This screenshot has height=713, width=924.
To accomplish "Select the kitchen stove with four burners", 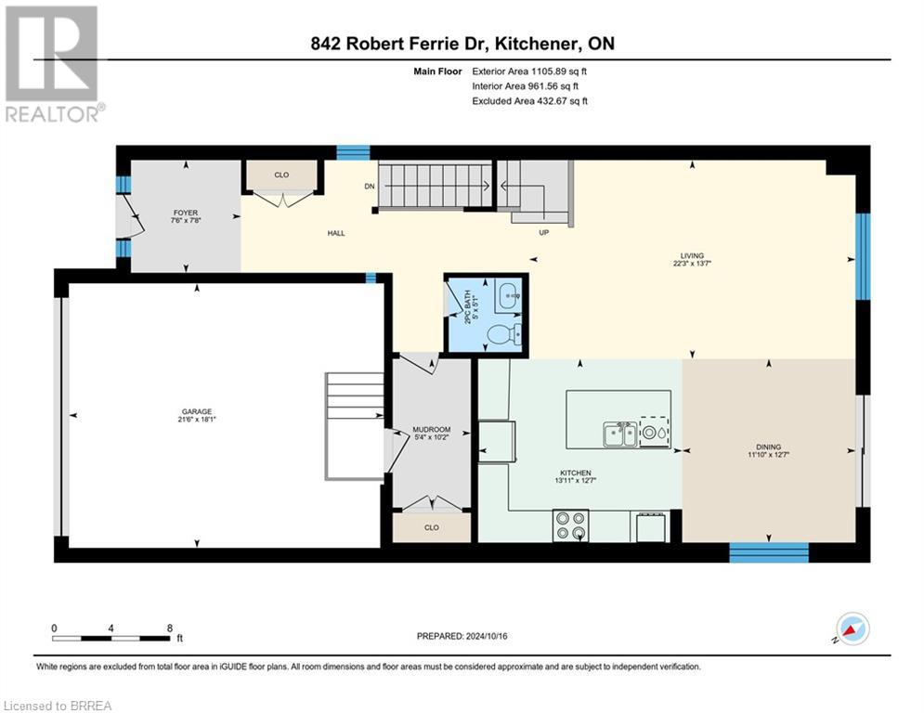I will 568,525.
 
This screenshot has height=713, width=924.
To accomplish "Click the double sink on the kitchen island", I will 620,434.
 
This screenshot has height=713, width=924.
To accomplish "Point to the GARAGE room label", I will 196,412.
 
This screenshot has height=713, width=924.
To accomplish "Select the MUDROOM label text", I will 431,430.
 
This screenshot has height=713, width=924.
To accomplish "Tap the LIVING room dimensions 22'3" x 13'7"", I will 691,264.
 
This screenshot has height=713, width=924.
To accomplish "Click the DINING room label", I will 770,447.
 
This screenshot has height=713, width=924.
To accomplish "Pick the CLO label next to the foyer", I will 281,174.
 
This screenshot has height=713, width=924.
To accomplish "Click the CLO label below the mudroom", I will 431,527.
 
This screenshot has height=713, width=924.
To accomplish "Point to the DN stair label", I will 369,186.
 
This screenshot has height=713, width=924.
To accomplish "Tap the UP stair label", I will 544,232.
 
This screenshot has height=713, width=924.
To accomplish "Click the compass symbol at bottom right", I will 852,629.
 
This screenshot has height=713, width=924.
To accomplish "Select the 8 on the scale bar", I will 168,628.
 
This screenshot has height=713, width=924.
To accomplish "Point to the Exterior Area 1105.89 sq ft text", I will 529,71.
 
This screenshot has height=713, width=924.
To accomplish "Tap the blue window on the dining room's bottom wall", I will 768,552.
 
